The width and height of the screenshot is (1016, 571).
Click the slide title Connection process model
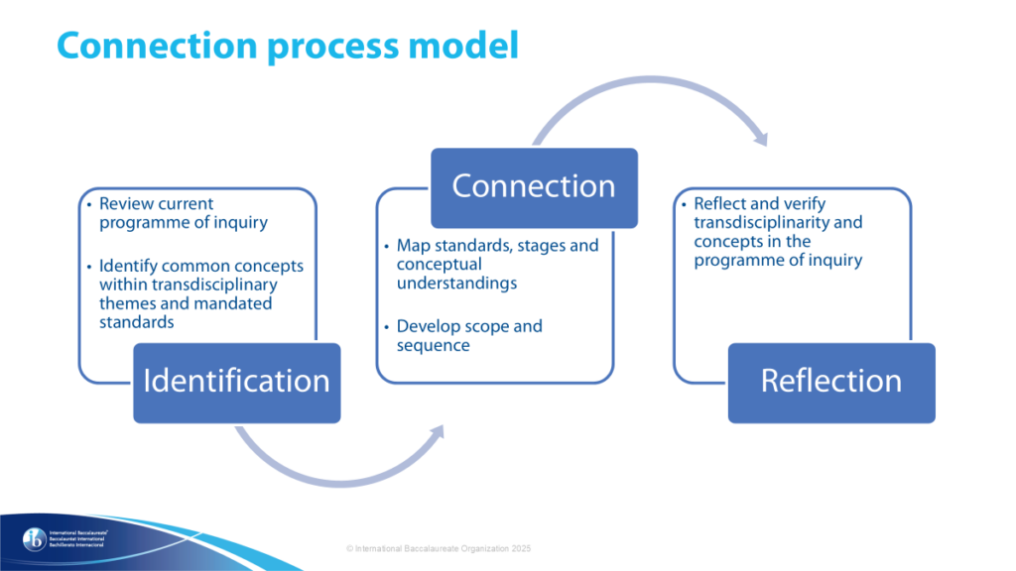click(x=288, y=46)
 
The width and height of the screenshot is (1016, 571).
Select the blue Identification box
click(x=236, y=382)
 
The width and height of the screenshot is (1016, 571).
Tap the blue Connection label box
click(x=534, y=185)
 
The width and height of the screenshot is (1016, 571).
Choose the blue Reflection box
click(x=831, y=382)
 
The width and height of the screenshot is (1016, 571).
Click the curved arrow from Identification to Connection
click(x=337, y=457)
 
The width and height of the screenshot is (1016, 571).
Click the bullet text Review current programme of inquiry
click(x=184, y=213)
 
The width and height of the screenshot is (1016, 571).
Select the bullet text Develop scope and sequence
click(x=469, y=335)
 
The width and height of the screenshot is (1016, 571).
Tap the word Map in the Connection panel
click(x=414, y=245)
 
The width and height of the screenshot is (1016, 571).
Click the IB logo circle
click(x=36, y=539)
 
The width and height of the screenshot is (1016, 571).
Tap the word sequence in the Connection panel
click(x=433, y=345)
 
